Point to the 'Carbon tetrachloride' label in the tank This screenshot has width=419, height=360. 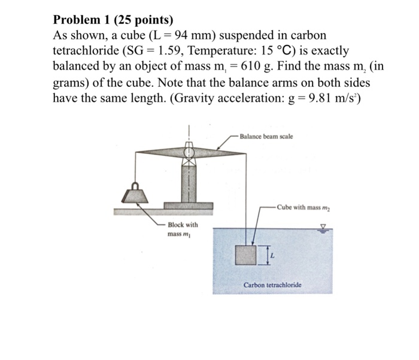[272, 286]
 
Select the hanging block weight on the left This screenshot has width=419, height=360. [136, 195]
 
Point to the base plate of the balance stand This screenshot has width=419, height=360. [189, 206]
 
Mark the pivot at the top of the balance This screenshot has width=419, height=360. [190, 147]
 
